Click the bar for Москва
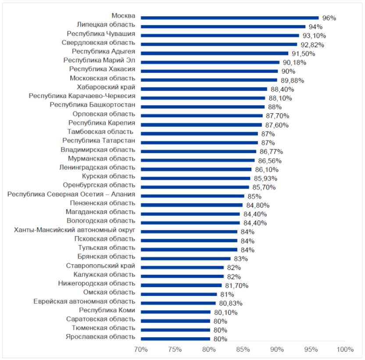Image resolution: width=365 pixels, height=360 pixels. [229, 18]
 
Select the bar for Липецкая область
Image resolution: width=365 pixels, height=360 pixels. [223, 27]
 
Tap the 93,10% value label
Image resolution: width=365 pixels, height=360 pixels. [311, 36]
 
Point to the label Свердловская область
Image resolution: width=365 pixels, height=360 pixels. [98, 43]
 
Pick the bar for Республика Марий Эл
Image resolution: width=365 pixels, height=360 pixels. [210, 62]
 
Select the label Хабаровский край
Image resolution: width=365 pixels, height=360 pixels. [106, 87]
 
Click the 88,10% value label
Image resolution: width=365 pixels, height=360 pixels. [280, 98]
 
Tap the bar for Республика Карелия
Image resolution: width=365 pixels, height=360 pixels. [201, 125]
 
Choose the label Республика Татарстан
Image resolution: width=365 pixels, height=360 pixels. [98, 141]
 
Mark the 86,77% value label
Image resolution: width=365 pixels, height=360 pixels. [270, 152]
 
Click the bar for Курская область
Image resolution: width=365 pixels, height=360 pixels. [195, 178]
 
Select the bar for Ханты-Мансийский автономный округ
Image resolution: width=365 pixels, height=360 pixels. [189, 232]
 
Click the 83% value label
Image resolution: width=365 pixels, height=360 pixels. [239, 259]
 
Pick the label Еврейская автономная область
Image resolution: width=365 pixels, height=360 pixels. [84, 302]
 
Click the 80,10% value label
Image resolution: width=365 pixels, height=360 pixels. [223, 313]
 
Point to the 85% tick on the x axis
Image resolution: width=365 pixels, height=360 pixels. [243, 349]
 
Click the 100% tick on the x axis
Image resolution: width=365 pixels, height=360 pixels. [345, 349]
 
